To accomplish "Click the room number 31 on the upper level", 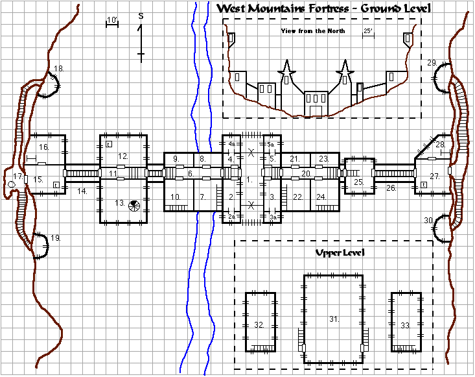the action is pos(334,319).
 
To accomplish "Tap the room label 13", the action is pos(120,202).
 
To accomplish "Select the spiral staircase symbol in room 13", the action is pos(134,206).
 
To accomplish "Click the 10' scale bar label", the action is pos(111,20).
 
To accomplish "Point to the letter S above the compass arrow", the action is pos(141,16).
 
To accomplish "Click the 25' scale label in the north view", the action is pos(368,31).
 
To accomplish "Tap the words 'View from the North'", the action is pos(313,31).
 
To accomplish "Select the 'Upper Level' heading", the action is pos(340,252).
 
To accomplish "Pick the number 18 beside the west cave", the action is pos(59,69).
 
